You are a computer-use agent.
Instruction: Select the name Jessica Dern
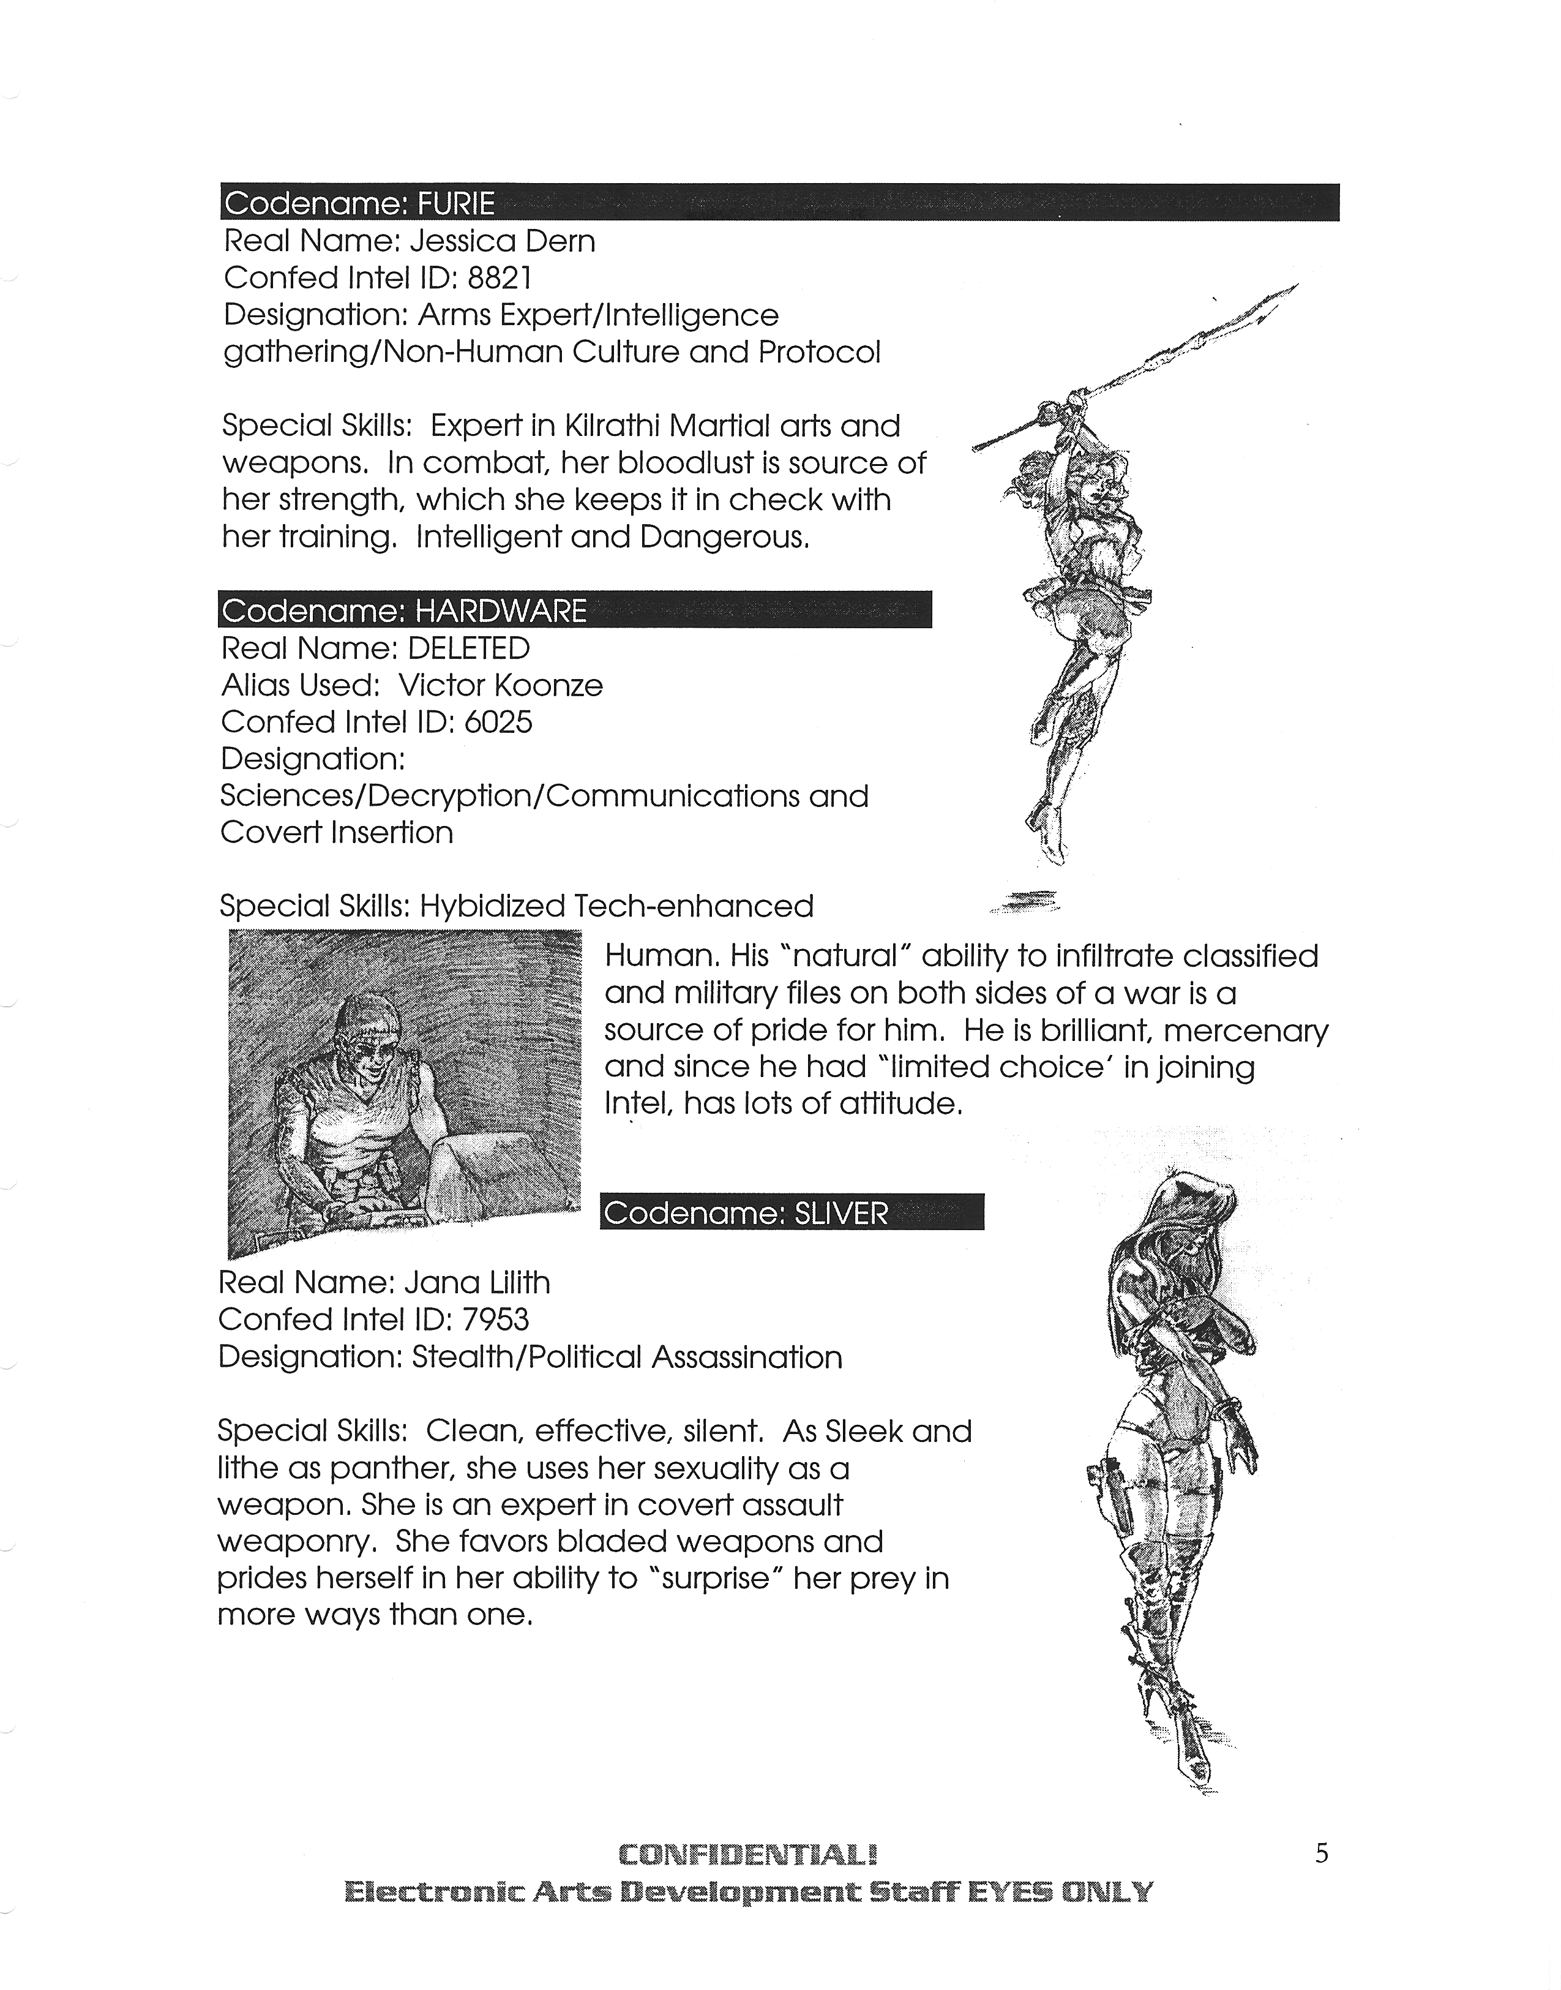tap(502, 241)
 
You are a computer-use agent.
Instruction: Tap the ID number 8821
tap(499, 278)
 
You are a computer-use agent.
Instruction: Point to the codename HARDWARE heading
tap(500, 610)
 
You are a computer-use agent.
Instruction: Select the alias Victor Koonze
tap(501, 686)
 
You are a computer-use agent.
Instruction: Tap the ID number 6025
tap(498, 722)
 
